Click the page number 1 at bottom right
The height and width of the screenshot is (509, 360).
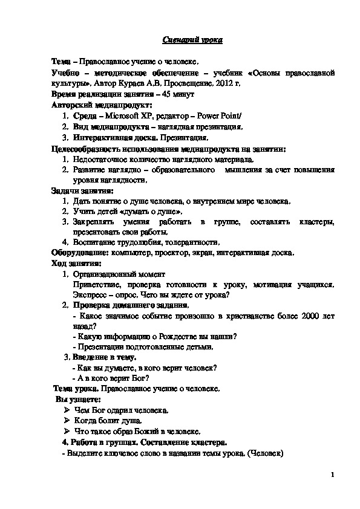332,475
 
